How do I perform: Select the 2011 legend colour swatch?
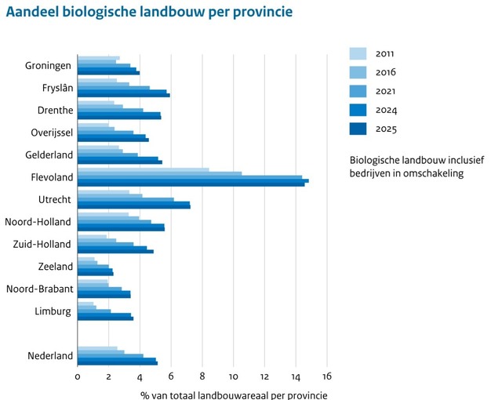[x=358, y=53]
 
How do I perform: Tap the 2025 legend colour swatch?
[x=358, y=129]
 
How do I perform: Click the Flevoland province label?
[x=48, y=176]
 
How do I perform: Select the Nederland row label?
[x=50, y=355]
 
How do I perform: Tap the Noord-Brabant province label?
[x=39, y=289]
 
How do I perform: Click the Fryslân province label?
[x=53, y=87]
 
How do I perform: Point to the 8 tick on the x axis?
[x=202, y=376]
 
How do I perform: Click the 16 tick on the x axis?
[x=327, y=376]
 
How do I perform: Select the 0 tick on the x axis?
[x=78, y=376]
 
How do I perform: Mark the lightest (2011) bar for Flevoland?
[x=143, y=169]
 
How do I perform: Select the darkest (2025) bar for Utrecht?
[x=133, y=207]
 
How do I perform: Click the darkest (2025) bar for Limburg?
[x=105, y=318]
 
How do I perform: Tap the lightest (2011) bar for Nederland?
[x=97, y=347]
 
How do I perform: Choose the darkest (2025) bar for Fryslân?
[x=123, y=95]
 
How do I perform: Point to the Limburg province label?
[x=53, y=311]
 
